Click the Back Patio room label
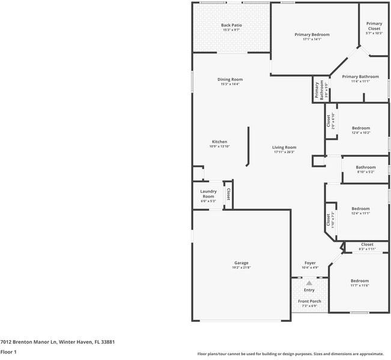[x=231, y=25]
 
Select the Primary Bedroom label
[x=312, y=35]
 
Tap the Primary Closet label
[x=374, y=26]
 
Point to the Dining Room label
[x=229, y=80]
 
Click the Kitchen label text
[x=219, y=142]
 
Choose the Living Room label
[x=284, y=148]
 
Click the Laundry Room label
[x=208, y=194]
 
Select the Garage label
[x=241, y=263]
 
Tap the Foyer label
[x=310, y=263]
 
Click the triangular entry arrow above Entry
[x=309, y=283]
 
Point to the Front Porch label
[x=309, y=301]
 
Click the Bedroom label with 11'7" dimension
[x=360, y=281]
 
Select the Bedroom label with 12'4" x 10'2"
[x=360, y=128]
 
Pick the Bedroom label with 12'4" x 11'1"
[x=360, y=209]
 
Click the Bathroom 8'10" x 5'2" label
[x=366, y=167]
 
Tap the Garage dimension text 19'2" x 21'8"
[x=241, y=268]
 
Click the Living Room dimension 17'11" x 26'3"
[x=284, y=152]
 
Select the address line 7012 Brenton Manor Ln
[x=57, y=342]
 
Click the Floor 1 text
[x=8, y=352]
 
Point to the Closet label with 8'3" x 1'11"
[x=366, y=245]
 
